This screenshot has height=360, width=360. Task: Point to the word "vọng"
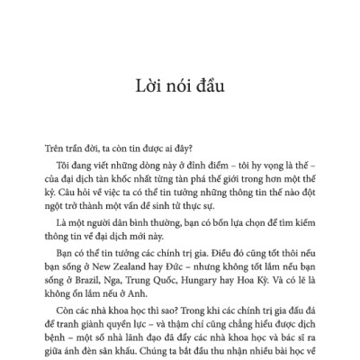click(x=249, y=165)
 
